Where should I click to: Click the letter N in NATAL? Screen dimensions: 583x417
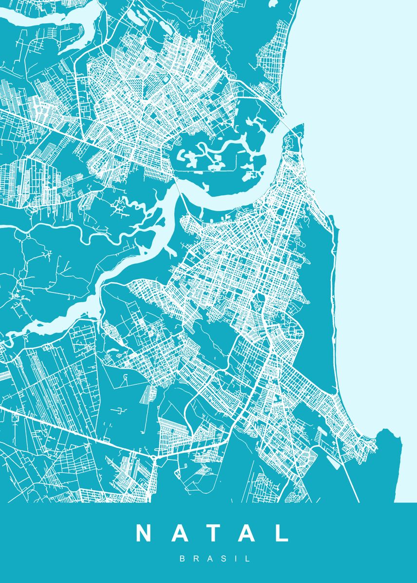[x=145, y=533]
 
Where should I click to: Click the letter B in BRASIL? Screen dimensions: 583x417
[x=182, y=559]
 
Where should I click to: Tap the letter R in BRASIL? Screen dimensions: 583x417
[x=196, y=559]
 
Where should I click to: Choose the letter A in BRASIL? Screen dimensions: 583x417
[x=209, y=559]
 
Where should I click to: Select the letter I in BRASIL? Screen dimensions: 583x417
[x=235, y=559]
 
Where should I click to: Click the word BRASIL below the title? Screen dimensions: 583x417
[x=215, y=559]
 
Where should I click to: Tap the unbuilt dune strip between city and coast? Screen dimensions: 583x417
[x=319, y=291]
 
